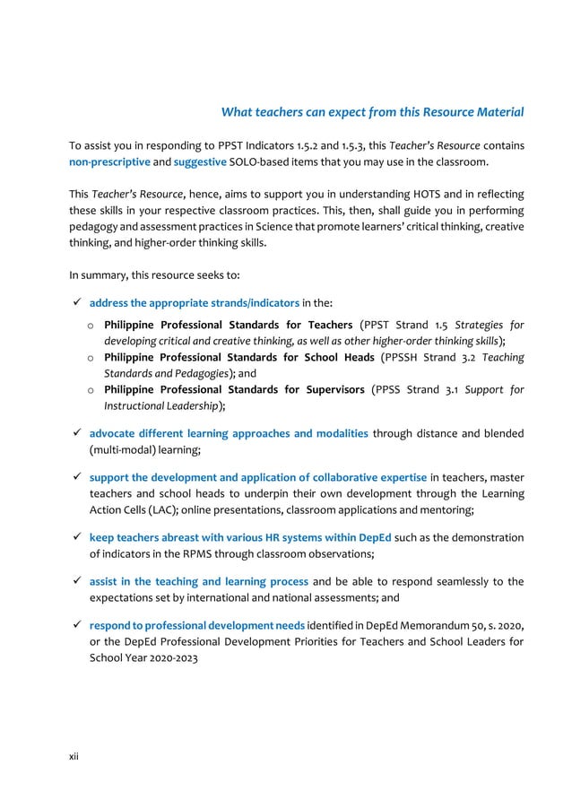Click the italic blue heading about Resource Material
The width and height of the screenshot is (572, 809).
372,112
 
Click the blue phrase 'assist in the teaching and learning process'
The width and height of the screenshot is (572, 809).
198,581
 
